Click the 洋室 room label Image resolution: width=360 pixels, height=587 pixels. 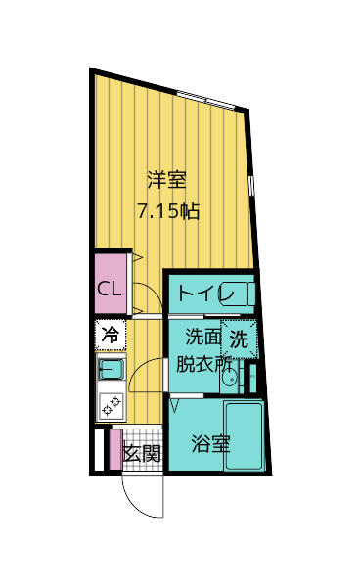coord(166,180)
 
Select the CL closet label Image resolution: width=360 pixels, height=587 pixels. coord(109,290)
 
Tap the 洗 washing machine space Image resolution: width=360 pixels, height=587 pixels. coord(239,339)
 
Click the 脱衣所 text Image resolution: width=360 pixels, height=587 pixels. coord(204,362)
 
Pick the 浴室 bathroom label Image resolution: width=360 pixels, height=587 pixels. coord(210,442)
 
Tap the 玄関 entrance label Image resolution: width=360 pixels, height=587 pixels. coord(142,453)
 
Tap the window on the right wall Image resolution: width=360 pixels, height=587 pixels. coord(251,182)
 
